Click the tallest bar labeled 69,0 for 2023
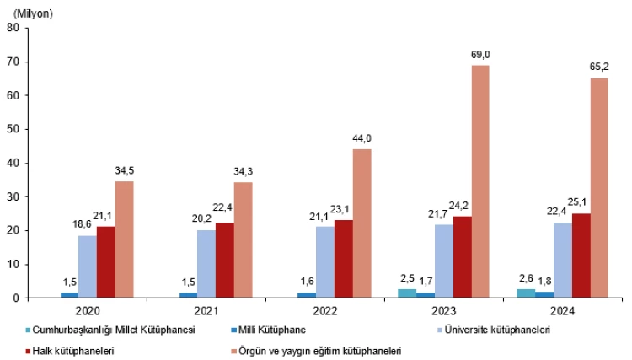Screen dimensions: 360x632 pyautogui.click(x=479, y=181)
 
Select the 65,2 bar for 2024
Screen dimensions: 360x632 pyautogui.click(x=598, y=187)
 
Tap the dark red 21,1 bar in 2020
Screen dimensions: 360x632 pyautogui.click(x=106, y=261)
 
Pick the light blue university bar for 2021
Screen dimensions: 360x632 pyautogui.click(x=206, y=263)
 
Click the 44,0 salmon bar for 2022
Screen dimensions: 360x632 pyautogui.click(x=362, y=223)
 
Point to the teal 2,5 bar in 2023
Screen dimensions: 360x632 pyautogui.click(x=407, y=293)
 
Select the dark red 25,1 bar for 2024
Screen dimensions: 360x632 pyautogui.click(x=580, y=255)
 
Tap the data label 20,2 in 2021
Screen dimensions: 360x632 pyautogui.click(x=206, y=221)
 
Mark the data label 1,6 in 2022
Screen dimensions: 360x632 pyautogui.click(x=307, y=283)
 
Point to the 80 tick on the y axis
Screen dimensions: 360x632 pyautogui.click(x=13, y=28)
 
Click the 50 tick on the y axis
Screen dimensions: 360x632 pyautogui.click(x=13, y=129)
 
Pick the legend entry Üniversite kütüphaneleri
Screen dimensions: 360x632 pyautogui.click(x=497, y=330)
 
